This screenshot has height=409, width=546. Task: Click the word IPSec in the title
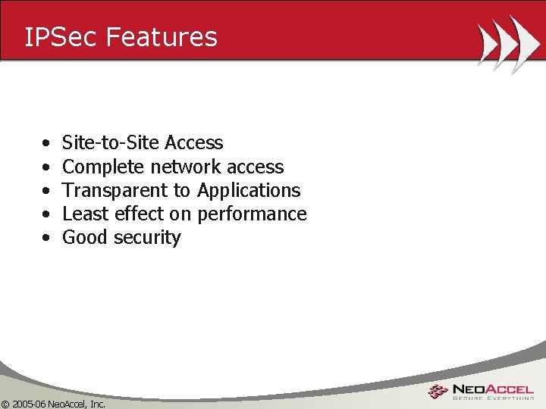click(60, 36)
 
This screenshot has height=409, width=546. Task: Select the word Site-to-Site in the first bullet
click(111, 142)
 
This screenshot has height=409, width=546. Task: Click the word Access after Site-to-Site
click(193, 142)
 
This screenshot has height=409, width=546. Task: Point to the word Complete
click(104, 167)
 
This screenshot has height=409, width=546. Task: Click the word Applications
click(249, 190)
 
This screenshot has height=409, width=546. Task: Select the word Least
click(83, 214)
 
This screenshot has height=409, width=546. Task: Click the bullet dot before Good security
click(47, 238)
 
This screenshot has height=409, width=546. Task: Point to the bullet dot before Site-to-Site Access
click(47, 143)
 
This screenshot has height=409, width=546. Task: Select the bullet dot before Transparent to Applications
click(47, 191)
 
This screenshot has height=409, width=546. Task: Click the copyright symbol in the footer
click(5, 404)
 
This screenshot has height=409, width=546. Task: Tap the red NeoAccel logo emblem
click(438, 391)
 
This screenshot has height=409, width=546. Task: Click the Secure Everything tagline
click(493, 397)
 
